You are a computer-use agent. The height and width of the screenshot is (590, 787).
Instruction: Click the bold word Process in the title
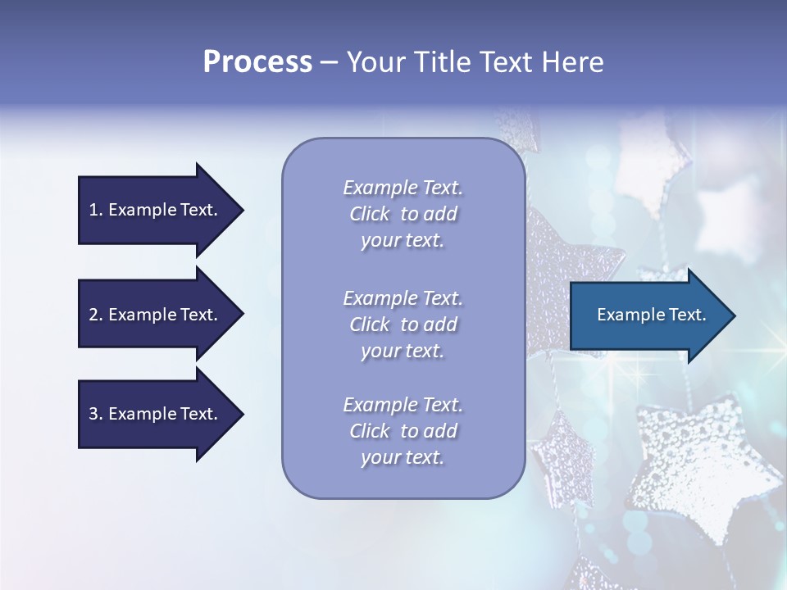point(257,62)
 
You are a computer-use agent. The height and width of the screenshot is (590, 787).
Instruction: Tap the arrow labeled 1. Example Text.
point(160,210)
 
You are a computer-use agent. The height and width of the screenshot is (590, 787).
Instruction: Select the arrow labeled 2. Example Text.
point(160,315)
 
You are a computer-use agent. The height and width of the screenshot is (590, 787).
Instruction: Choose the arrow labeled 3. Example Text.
point(160,414)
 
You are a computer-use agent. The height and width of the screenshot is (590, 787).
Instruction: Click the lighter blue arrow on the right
point(652,315)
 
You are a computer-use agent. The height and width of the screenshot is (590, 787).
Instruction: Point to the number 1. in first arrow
point(95,210)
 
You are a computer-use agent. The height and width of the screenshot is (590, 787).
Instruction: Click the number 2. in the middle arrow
point(95,315)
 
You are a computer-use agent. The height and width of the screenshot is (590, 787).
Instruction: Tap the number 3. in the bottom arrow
point(95,414)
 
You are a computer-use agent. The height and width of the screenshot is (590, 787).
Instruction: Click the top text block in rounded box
point(403,214)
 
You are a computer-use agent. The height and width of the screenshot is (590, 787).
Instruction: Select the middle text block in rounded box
point(403,324)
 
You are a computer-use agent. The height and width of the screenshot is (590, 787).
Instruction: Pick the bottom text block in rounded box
point(403,431)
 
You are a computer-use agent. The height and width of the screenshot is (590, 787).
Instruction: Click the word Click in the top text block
point(370,214)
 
